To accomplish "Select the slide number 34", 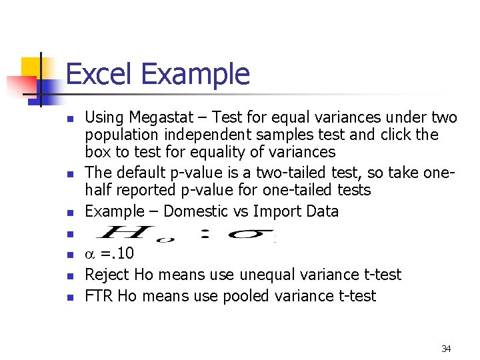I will click(x=446, y=349).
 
